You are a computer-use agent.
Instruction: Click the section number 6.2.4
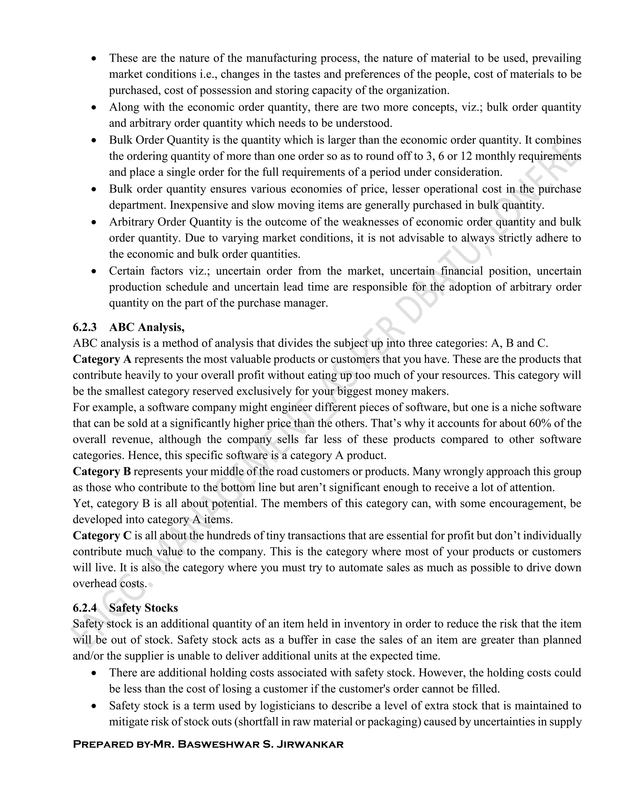pos(84,608)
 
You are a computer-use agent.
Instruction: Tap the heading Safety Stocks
pos(144,608)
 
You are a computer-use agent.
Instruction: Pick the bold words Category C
pos(102,536)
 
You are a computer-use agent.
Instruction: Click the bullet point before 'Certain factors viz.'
pos(94,271)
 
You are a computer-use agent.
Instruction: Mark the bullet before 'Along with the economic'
pos(94,108)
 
